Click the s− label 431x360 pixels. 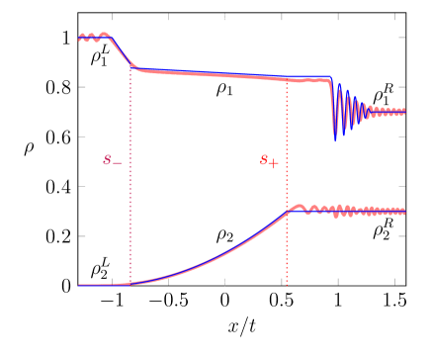[x=113, y=160]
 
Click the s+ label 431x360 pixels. [x=269, y=161]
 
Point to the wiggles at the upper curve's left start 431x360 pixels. [x=92, y=38]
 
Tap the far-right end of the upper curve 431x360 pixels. [x=403, y=112]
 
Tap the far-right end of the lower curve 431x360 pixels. [x=403, y=211]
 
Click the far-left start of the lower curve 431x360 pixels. [x=80, y=285]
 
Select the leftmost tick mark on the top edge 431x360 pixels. [x=112, y=17]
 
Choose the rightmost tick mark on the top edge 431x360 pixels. [x=394, y=17]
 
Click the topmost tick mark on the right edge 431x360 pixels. [x=401, y=38]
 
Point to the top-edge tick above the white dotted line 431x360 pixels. [x=224, y=17]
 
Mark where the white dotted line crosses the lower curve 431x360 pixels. [x=224, y=252]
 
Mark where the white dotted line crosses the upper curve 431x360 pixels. [x=224, y=75]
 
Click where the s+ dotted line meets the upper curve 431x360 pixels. [x=287, y=78]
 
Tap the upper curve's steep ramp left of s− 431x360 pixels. [x=121, y=52]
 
